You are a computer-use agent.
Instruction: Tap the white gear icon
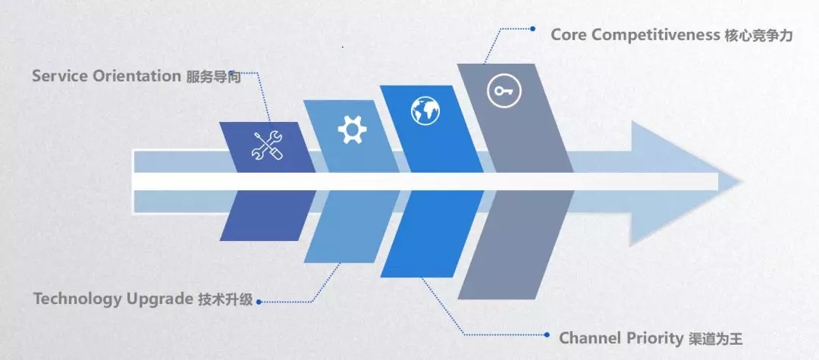tap(352, 130)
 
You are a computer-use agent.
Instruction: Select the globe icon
tap(426, 111)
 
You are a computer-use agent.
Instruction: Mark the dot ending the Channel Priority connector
tap(547, 334)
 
